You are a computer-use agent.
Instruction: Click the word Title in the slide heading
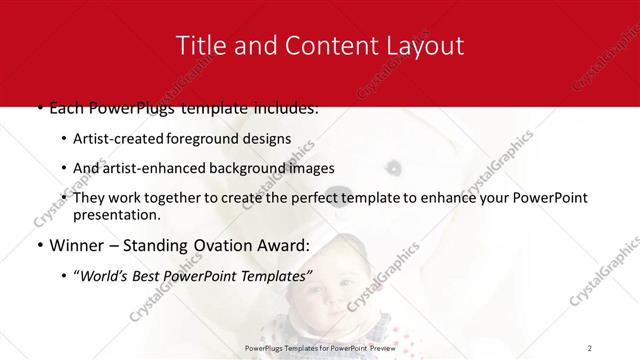(198, 45)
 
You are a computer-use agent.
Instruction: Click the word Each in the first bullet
(66, 107)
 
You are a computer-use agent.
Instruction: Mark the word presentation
(116, 215)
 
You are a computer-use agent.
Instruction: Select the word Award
(285, 246)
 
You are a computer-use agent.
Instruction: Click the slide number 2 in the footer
(590, 347)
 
